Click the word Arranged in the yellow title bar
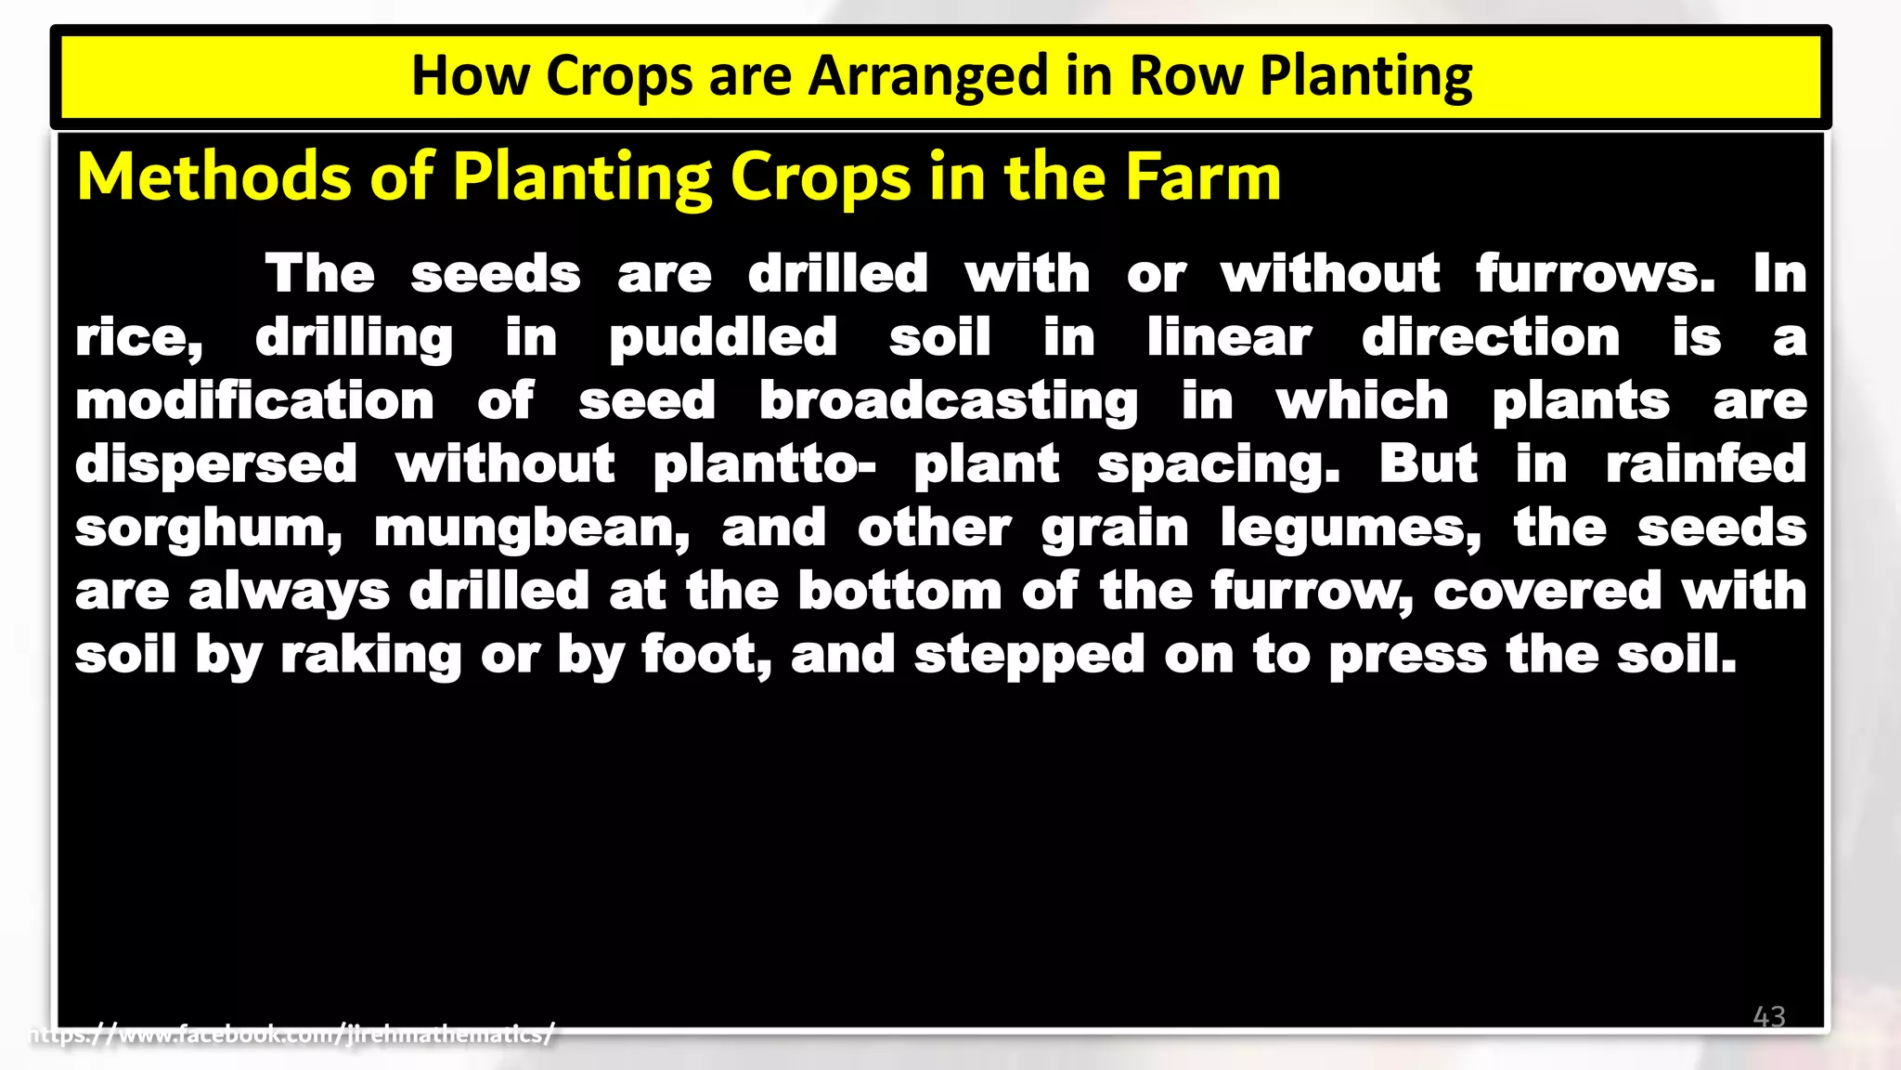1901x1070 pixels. (927, 76)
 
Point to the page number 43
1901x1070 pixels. (1768, 1016)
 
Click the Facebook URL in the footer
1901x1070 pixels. (292, 1034)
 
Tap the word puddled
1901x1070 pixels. (723, 338)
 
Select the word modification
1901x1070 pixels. (254, 401)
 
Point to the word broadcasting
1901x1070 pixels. (949, 401)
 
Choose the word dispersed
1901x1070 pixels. (215, 464)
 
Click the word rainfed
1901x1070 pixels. (1706, 463)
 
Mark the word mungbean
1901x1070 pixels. (532, 528)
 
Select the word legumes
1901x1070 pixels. (1351, 528)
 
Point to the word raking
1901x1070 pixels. (370, 656)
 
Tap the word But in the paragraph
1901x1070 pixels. (1428, 463)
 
